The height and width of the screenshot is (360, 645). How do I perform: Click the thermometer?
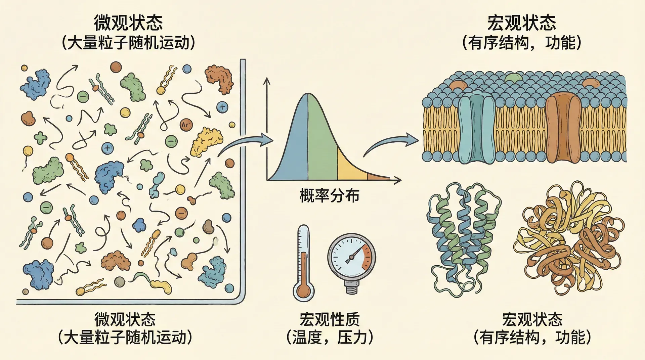[x=303, y=262]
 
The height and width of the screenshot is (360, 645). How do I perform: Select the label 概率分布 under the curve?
[x=329, y=196]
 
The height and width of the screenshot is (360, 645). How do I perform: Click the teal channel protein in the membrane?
[x=476, y=128]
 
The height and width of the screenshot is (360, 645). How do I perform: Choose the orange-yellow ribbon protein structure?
[x=568, y=240]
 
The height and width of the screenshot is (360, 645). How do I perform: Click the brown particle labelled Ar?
[x=186, y=125]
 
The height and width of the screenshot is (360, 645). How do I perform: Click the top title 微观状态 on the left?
[x=128, y=23]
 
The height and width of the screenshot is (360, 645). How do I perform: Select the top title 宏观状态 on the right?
[x=521, y=23]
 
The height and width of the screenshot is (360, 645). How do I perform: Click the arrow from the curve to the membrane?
[x=391, y=144]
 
